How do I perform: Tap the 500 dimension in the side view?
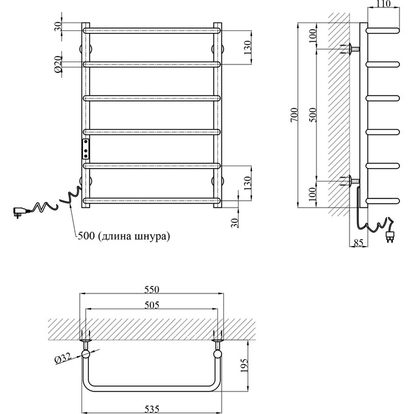pos(313,116)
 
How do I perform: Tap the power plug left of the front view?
pos(19,211)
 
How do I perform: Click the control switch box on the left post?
pos(86,148)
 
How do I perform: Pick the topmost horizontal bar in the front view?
pos(151,29)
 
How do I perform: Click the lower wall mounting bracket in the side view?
pos(353,180)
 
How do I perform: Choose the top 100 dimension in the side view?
pos(313,36)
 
